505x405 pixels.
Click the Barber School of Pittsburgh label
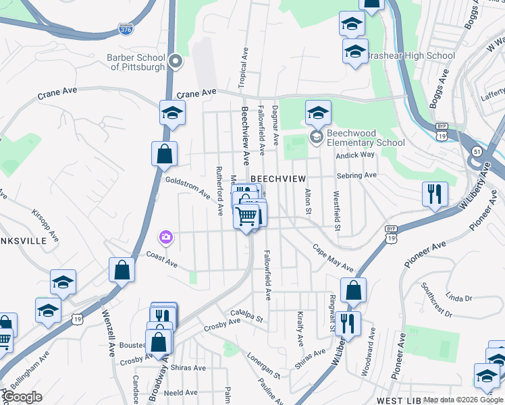coord(136,62)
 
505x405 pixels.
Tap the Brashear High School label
coord(402,55)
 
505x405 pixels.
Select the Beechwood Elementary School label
coord(365,138)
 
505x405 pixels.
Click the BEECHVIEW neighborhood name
coord(278,178)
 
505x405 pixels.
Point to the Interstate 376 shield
coord(126,30)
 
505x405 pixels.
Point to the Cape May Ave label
coord(333,258)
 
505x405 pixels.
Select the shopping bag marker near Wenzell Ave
coord(122,270)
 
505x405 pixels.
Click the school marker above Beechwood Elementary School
coord(318,113)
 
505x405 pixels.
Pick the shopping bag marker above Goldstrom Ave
coord(164,155)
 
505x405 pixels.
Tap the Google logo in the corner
coord(23,397)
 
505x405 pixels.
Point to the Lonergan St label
coord(263,365)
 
